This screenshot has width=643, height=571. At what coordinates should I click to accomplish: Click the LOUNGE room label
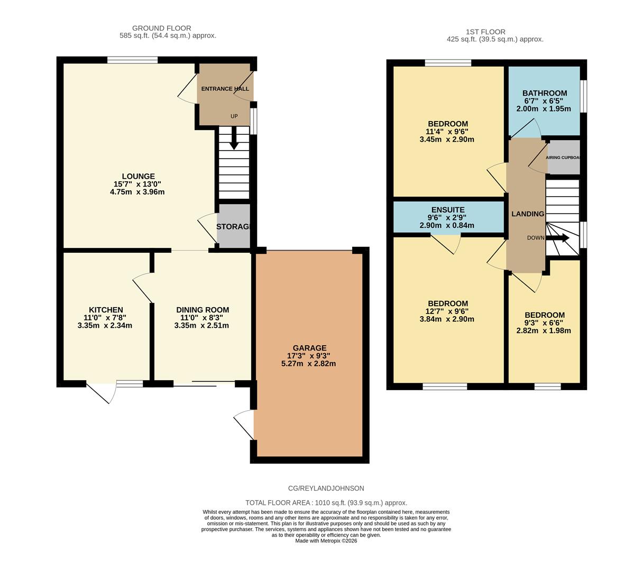click(x=138, y=177)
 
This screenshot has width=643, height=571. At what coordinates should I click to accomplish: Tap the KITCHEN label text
click(x=106, y=310)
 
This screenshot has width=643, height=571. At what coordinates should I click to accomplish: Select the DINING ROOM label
click(x=203, y=310)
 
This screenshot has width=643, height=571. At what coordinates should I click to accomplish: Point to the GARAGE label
click(x=309, y=348)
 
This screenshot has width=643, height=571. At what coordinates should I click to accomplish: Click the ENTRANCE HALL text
click(x=225, y=89)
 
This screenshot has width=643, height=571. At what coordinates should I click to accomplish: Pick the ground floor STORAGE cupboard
click(x=233, y=226)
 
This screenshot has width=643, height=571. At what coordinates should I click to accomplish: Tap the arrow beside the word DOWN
click(x=558, y=238)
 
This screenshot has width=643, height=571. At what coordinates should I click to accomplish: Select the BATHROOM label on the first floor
click(x=545, y=93)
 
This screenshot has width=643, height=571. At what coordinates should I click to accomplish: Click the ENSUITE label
click(x=447, y=210)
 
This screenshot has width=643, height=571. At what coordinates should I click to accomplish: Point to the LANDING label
click(x=527, y=214)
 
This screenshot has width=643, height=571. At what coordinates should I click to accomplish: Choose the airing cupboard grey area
click(x=564, y=158)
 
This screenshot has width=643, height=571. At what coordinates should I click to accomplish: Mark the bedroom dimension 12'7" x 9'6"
click(x=447, y=311)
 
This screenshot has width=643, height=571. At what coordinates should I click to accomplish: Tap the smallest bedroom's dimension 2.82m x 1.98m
click(x=544, y=331)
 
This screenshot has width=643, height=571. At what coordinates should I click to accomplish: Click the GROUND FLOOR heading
click(x=161, y=28)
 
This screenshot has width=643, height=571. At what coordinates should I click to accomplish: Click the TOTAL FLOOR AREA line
click(x=326, y=503)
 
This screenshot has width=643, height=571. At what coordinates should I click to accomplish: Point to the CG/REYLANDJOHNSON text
click(x=326, y=489)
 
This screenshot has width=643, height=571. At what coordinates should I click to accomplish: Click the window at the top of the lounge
click(x=132, y=60)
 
